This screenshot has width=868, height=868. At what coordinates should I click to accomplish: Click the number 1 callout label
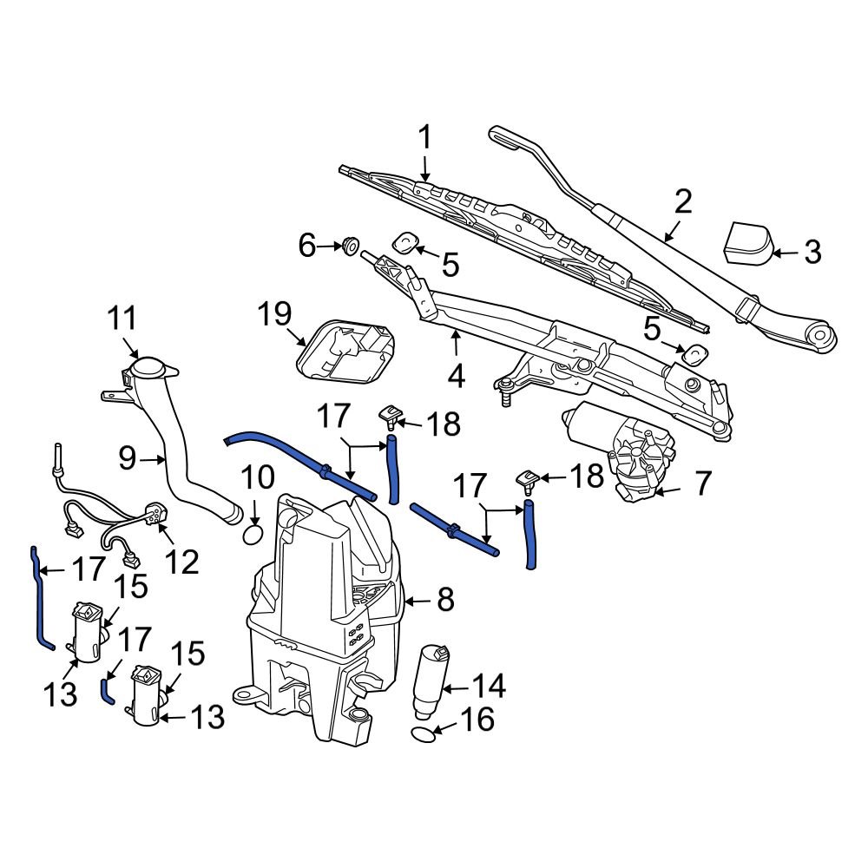pos(425,137)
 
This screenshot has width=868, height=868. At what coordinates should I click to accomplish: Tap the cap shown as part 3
pos(747,242)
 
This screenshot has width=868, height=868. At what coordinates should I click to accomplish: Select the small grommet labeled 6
pos(352,247)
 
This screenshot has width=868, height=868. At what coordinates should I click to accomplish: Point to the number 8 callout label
pos(444,599)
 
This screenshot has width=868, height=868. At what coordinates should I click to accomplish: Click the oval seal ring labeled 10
pos(253,533)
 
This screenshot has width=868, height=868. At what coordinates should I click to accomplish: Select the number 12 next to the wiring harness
pos(183,562)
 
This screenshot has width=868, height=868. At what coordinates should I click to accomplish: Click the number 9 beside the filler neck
pos(127,457)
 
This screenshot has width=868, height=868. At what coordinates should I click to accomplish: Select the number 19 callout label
pos(274,313)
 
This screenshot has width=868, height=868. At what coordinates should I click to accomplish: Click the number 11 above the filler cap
pos(122,319)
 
